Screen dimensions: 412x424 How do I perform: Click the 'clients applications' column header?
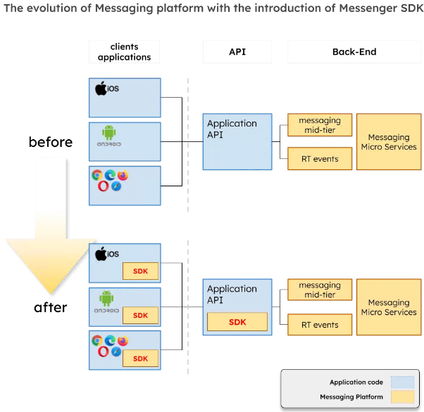[124, 52]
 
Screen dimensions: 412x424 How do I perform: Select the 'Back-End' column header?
[354, 52]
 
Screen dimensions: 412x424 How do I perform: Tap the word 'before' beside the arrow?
[51, 142]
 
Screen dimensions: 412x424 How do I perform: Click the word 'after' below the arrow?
[51, 307]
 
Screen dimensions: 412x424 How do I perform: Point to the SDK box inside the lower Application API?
[237, 322]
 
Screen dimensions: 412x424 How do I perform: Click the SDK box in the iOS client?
[140, 271]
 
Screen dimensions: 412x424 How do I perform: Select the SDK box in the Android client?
[140, 315]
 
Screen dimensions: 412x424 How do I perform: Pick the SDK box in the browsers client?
[140, 358]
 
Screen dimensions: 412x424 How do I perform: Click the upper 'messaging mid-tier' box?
[319, 125]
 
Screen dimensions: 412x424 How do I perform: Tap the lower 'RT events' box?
[319, 325]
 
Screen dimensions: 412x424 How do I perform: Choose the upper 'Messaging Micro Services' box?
[389, 142]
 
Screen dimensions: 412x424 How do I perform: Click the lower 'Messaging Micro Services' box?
[389, 307]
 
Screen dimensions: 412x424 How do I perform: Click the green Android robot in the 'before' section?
[108, 131]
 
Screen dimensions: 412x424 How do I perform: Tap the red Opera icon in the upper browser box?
[104, 186]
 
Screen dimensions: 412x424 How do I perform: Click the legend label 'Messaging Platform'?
[351, 397]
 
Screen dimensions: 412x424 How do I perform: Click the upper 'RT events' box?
[319, 159]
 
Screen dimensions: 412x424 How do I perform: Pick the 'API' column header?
[237, 52]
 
